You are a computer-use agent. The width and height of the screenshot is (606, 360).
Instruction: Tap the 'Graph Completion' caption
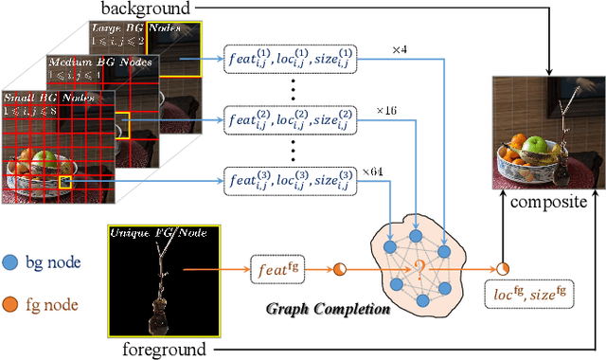[328, 308]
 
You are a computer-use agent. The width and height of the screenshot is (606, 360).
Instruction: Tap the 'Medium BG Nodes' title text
[95, 61]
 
